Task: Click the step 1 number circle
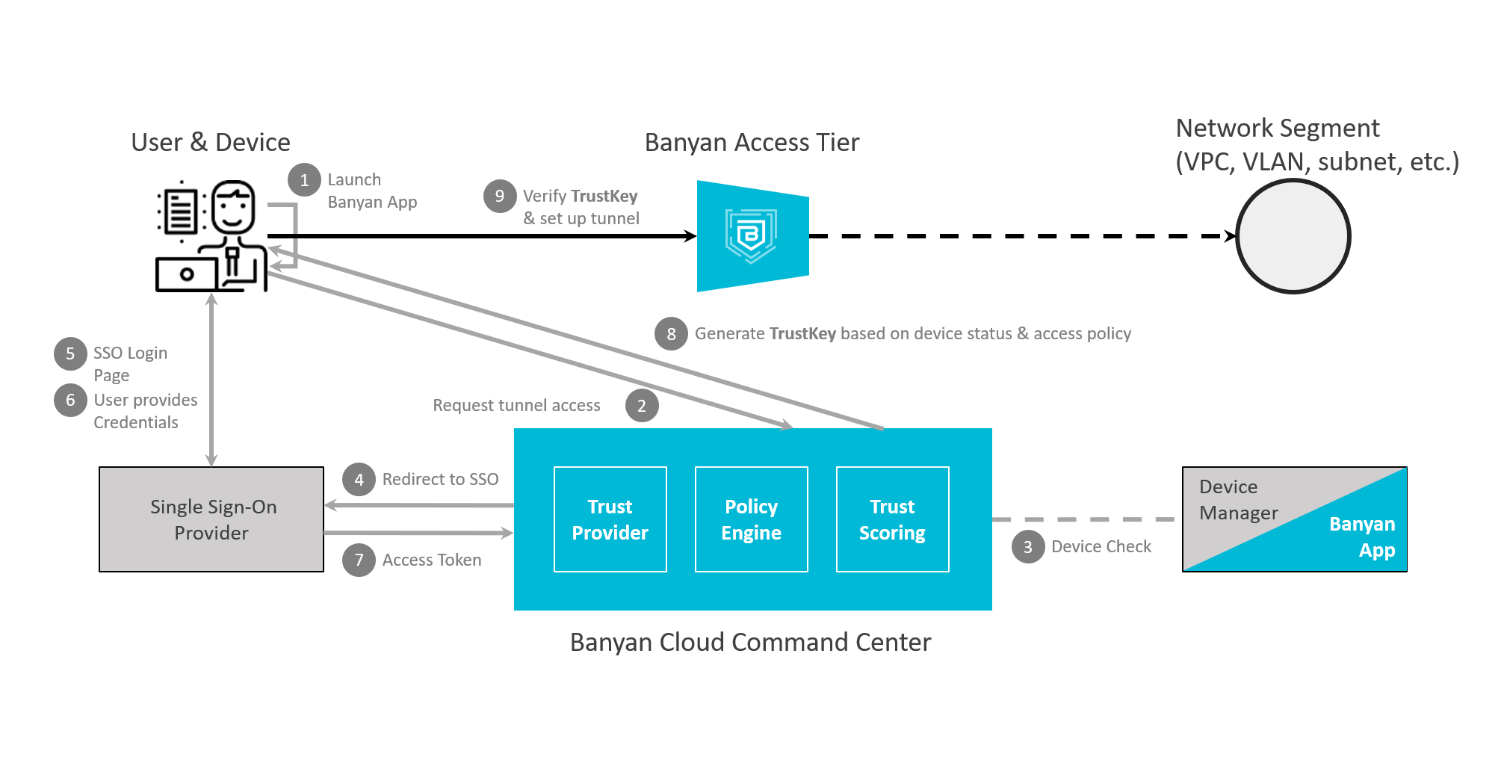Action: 304,180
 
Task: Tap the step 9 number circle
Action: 500,197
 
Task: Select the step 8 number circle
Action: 671,334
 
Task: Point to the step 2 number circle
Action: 642,406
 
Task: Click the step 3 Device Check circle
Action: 1028,547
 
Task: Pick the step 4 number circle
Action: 359,480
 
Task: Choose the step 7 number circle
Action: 359,560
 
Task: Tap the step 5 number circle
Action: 70,353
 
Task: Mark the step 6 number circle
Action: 70,400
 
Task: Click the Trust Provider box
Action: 610,519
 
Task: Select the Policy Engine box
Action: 751,519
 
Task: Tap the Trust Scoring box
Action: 892,519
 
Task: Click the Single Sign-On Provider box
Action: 211,519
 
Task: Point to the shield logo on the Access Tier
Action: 751,235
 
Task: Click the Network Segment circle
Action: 1293,236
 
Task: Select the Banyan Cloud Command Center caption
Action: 750,643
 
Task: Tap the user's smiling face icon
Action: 233,207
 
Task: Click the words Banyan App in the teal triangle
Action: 1362,537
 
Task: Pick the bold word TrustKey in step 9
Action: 604,196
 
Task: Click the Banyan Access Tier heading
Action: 752,142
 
